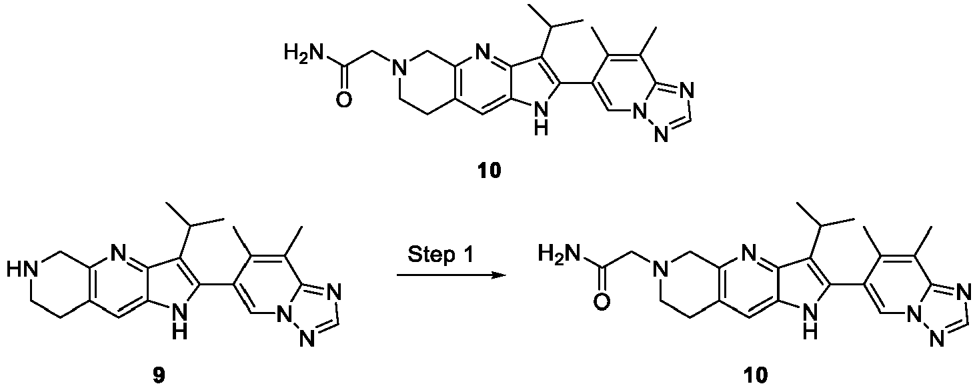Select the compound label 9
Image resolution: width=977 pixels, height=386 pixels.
159,375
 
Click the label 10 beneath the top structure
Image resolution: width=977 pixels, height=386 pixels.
489,171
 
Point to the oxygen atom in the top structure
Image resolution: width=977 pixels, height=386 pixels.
344,99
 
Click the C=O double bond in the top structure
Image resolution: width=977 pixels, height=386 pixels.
344,79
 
